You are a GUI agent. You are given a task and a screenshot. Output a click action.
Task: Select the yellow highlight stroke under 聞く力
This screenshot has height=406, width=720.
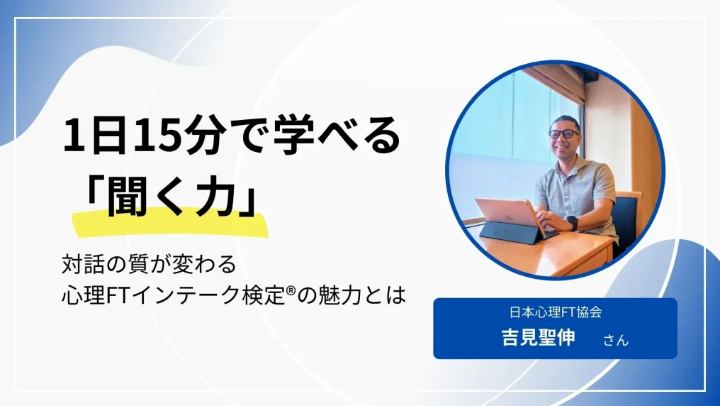click(x=170, y=223)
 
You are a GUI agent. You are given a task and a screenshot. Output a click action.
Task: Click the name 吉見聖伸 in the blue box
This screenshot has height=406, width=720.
click(x=538, y=337)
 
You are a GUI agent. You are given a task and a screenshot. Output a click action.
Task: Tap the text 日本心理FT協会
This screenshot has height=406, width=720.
click(x=555, y=312)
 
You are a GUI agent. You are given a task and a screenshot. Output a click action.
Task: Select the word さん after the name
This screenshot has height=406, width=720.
click(x=616, y=340)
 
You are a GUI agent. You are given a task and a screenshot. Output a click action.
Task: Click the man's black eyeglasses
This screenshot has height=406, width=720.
click(x=563, y=134)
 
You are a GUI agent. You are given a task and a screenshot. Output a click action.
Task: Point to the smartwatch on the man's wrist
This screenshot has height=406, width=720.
click(x=572, y=223)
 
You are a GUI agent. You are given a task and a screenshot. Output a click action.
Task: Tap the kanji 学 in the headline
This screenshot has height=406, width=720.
click(x=291, y=136)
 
